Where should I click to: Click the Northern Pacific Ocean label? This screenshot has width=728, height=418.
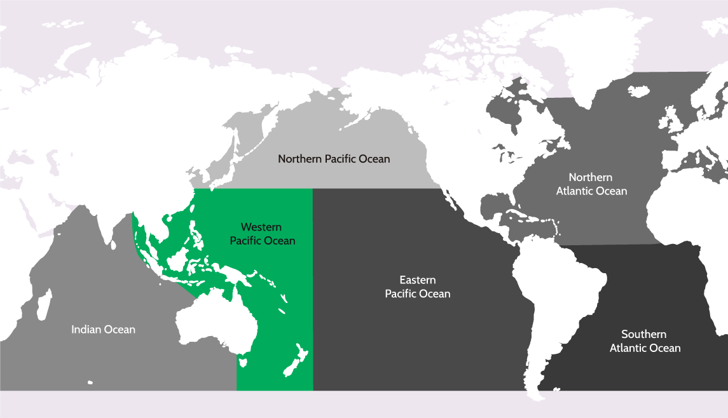click(334, 159)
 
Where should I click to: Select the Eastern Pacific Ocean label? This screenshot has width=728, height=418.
click(418, 287)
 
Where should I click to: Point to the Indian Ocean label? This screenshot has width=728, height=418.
click(103, 329)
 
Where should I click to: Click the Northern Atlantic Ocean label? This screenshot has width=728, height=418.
click(591, 184)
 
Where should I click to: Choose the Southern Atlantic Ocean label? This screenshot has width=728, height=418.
click(645, 341)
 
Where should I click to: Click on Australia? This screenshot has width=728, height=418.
click(216, 324)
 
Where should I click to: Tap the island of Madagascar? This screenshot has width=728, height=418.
click(43, 306)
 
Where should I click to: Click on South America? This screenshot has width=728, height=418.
click(553, 299)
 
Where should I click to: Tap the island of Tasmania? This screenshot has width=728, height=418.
click(242, 363)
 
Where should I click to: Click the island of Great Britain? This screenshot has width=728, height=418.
click(670, 121)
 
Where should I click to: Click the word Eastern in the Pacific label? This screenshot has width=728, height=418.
click(418, 280)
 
